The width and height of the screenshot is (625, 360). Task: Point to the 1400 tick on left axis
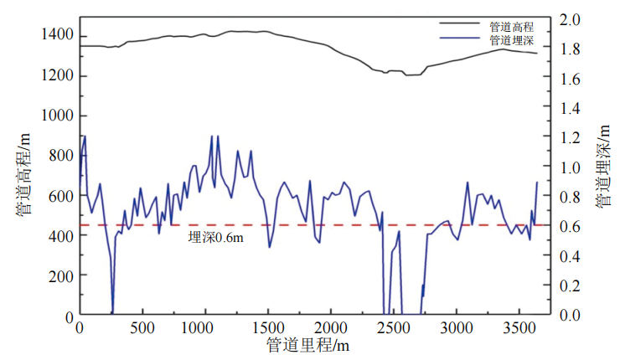tap(58, 35)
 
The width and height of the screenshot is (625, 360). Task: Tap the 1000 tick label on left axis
tap(58, 116)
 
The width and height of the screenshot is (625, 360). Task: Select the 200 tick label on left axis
tap(62, 275)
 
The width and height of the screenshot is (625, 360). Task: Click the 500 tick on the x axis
tap(142, 327)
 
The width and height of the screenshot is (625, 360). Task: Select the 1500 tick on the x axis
tap(267, 327)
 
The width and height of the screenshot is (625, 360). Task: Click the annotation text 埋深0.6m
tap(215, 237)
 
